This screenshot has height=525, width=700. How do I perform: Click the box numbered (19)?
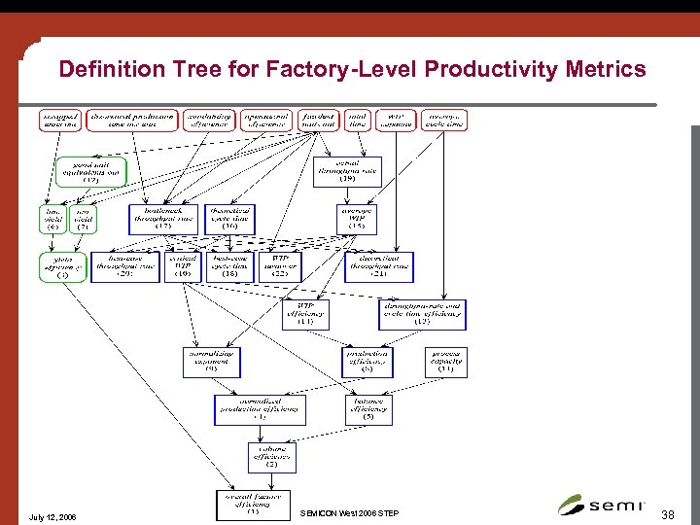click(x=347, y=171)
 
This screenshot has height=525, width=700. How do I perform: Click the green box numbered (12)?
click(x=90, y=172)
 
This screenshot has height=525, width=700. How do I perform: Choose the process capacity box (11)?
click(x=445, y=362)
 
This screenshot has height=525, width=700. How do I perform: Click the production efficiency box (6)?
click(x=367, y=362)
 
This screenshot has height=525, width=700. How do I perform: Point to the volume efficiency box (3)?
click(x=271, y=457)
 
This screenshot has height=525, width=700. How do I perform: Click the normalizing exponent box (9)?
click(x=210, y=362)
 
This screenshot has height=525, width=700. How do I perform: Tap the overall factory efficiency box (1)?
click(x=252, y=504)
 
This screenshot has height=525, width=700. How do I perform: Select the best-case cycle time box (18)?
click(x=229, y=266)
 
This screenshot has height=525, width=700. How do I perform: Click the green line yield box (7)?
click(x=83, y=219)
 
